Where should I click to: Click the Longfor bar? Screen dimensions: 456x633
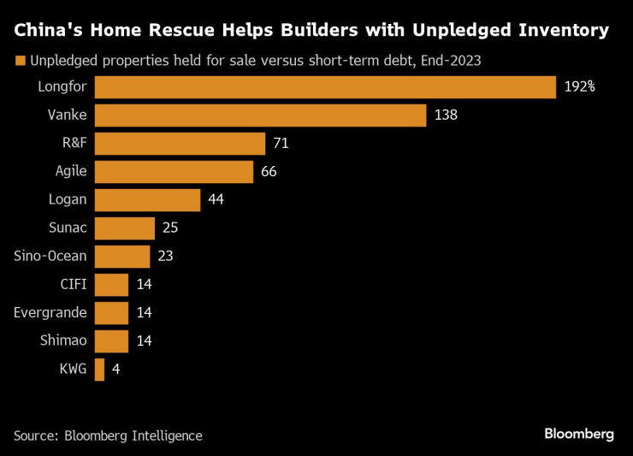coord(325,87)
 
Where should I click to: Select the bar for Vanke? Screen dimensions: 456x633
coord(260,115)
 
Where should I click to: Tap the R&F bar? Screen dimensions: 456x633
coord(180,144)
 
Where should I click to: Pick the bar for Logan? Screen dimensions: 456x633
coord(147,200)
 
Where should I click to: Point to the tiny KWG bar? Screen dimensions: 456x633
coord(99,370)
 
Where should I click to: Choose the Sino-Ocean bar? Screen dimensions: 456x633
coord(121,257)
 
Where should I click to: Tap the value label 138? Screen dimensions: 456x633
coord(447,115)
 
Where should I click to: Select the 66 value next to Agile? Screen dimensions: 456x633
coord(269,172)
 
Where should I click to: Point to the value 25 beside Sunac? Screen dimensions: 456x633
coord(170,228)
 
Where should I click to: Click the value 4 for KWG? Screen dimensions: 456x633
coord(116,370)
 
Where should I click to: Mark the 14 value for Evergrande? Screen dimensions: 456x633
coord(144,313)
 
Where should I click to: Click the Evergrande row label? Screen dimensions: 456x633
coord(50,313)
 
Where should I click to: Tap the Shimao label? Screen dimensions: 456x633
coord(63,341)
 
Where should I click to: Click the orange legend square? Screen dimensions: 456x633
coord(19,61)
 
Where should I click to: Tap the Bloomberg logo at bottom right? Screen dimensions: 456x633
coord(579,434)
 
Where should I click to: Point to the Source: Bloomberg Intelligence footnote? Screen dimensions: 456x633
coord(108,435)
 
